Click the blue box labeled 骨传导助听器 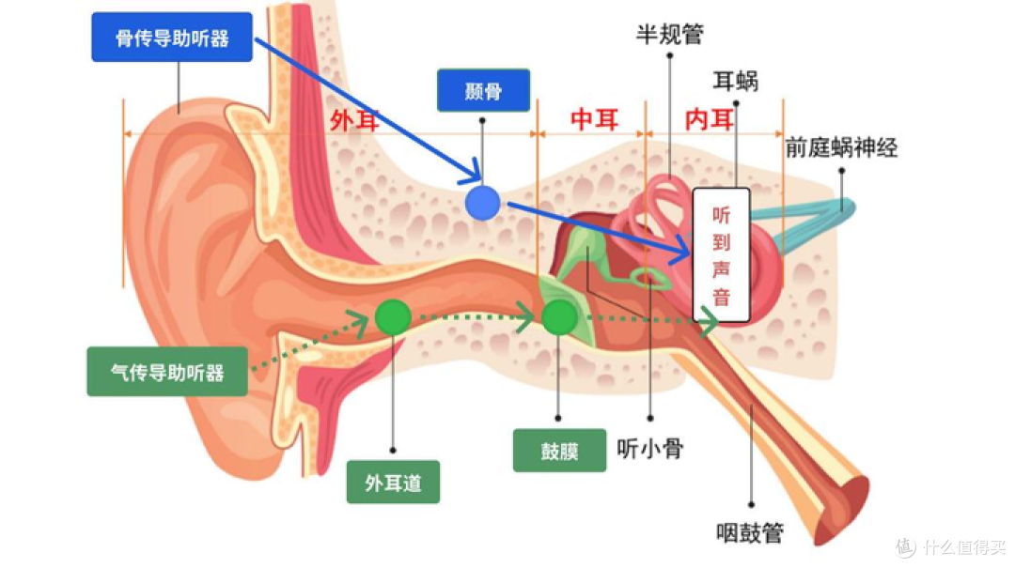(172, 38)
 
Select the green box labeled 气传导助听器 (167, 372)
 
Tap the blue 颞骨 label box (484, 90)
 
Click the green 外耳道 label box (393, 482)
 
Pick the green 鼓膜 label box (559, 451)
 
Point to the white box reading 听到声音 (721, 255)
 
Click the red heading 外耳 (354, 120)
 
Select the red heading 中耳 (594, 119)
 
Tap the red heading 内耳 (710, 119)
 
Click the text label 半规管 (669, 34)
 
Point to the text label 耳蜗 (735, 81)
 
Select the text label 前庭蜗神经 (841, 147)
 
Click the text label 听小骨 (650, 449)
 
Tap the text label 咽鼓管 (750, 532)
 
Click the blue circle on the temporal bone (483, 203)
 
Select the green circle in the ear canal (393, 317)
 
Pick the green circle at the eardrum (560, 317)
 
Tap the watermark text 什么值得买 (964, 546)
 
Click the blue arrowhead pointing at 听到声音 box (681, 250)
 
